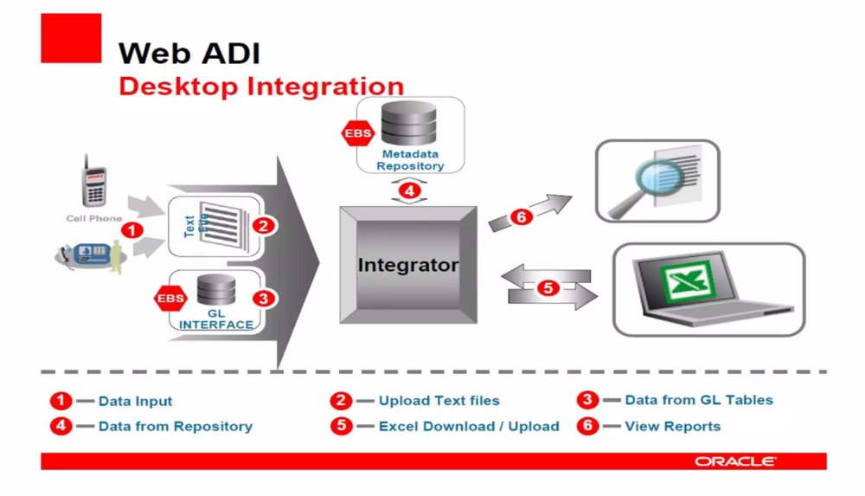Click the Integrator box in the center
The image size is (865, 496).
click(x=407, y=265)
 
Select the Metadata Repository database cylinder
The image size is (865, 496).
click(x=411, y=125)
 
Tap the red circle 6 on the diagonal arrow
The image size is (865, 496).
click(x=522, y=217)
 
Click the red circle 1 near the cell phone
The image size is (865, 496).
click(x=131, y=230)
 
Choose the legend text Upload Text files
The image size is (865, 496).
click(x=439, y=401)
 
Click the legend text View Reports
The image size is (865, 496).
click(x=672, y=426)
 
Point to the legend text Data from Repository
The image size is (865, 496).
click(x=175, y=426)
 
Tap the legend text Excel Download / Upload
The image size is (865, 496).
click(x=468, y=426)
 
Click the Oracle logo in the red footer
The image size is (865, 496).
click(x=734, y=461)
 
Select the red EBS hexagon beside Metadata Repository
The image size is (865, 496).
click(x=358, y=135)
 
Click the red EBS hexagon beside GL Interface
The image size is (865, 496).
click(x=170, y=299)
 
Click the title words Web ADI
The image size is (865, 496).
click(x=189, y=53)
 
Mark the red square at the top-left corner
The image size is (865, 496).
click(x=71, y=38)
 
